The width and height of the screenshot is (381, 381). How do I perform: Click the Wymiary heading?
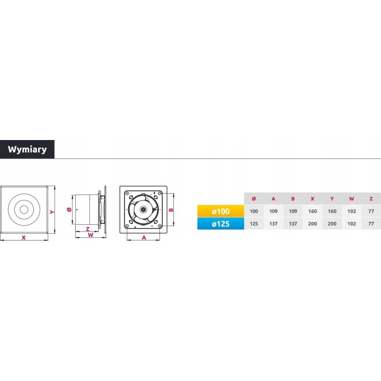27,149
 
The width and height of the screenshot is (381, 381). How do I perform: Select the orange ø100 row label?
221,211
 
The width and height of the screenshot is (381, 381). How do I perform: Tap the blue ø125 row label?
221,223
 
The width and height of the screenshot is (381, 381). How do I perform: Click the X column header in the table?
312,199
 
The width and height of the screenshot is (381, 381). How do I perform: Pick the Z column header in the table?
371,199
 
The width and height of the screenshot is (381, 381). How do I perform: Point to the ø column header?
254,199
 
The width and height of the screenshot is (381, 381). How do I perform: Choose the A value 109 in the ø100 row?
273,211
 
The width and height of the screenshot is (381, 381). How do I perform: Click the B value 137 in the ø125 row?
293,223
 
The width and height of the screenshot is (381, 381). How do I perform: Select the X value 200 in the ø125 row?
312,223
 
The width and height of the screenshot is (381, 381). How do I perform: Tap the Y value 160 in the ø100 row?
332,211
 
